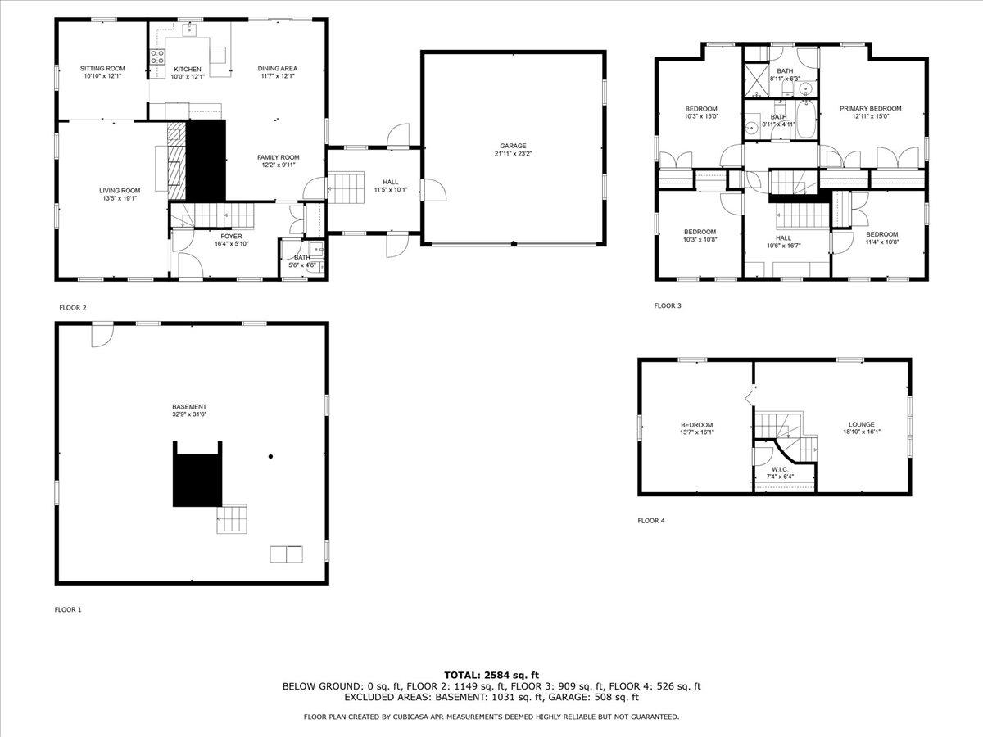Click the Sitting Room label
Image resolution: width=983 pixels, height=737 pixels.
(x=102, y=69)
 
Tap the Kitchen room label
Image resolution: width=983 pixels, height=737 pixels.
(x=188, y=69)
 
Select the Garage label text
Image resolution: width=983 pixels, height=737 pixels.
(x=514, y=146)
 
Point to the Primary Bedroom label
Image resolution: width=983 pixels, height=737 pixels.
(x=870, y=108)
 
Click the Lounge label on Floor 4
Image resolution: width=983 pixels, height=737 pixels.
(x=862, y=424)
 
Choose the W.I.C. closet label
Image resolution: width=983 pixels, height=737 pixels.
(x=780, y=469)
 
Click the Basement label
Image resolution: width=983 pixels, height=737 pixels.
(x=189, y=407)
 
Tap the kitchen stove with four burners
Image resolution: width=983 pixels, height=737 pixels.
(x=157, y=57)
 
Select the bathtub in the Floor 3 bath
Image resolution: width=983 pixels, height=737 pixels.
(x=807, y=120)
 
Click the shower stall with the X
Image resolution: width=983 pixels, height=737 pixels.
(x=756, y=80)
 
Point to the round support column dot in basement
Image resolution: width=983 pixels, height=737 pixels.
(x=270, y=456)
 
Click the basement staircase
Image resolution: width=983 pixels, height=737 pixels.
(x=232, y=519)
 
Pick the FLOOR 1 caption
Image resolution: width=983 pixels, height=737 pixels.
(x=68, y=609)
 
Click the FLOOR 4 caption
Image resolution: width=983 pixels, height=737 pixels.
(x=651, y=521)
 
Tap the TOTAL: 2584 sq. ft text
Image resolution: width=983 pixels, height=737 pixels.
(x=491, y=676)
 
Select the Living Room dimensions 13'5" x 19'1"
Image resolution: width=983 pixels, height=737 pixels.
(x=120, y=198)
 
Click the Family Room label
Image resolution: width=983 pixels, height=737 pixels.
(x=278, y=157)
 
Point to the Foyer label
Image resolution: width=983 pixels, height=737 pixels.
(x=231, y=237)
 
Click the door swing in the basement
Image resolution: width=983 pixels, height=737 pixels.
(x=102, y=336)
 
